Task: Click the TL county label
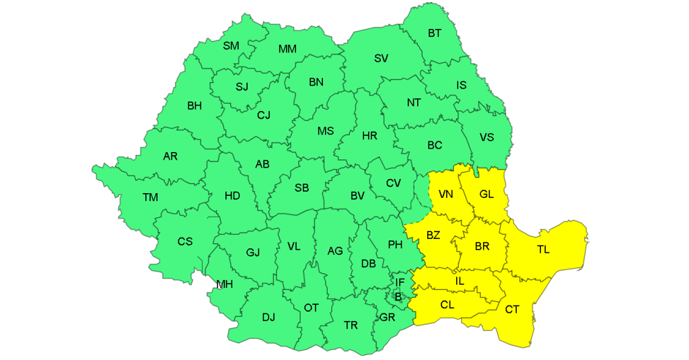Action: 543,250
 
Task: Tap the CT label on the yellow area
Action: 512,309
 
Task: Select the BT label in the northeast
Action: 435,33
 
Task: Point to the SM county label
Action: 231,46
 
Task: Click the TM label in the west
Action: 150,197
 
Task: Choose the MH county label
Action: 224,284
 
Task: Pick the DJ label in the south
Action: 268,317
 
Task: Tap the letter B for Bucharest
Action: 398,295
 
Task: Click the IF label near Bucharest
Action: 400,283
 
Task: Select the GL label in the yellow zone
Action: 486,194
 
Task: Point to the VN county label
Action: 445,194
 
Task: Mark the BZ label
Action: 433,235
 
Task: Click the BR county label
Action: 482,246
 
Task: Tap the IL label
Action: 460,280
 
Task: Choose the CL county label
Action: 447,305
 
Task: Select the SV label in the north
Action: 381,58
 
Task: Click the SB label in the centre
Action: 301,188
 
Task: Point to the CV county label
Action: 393,183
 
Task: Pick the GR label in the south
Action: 387,317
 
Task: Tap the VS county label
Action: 486,137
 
